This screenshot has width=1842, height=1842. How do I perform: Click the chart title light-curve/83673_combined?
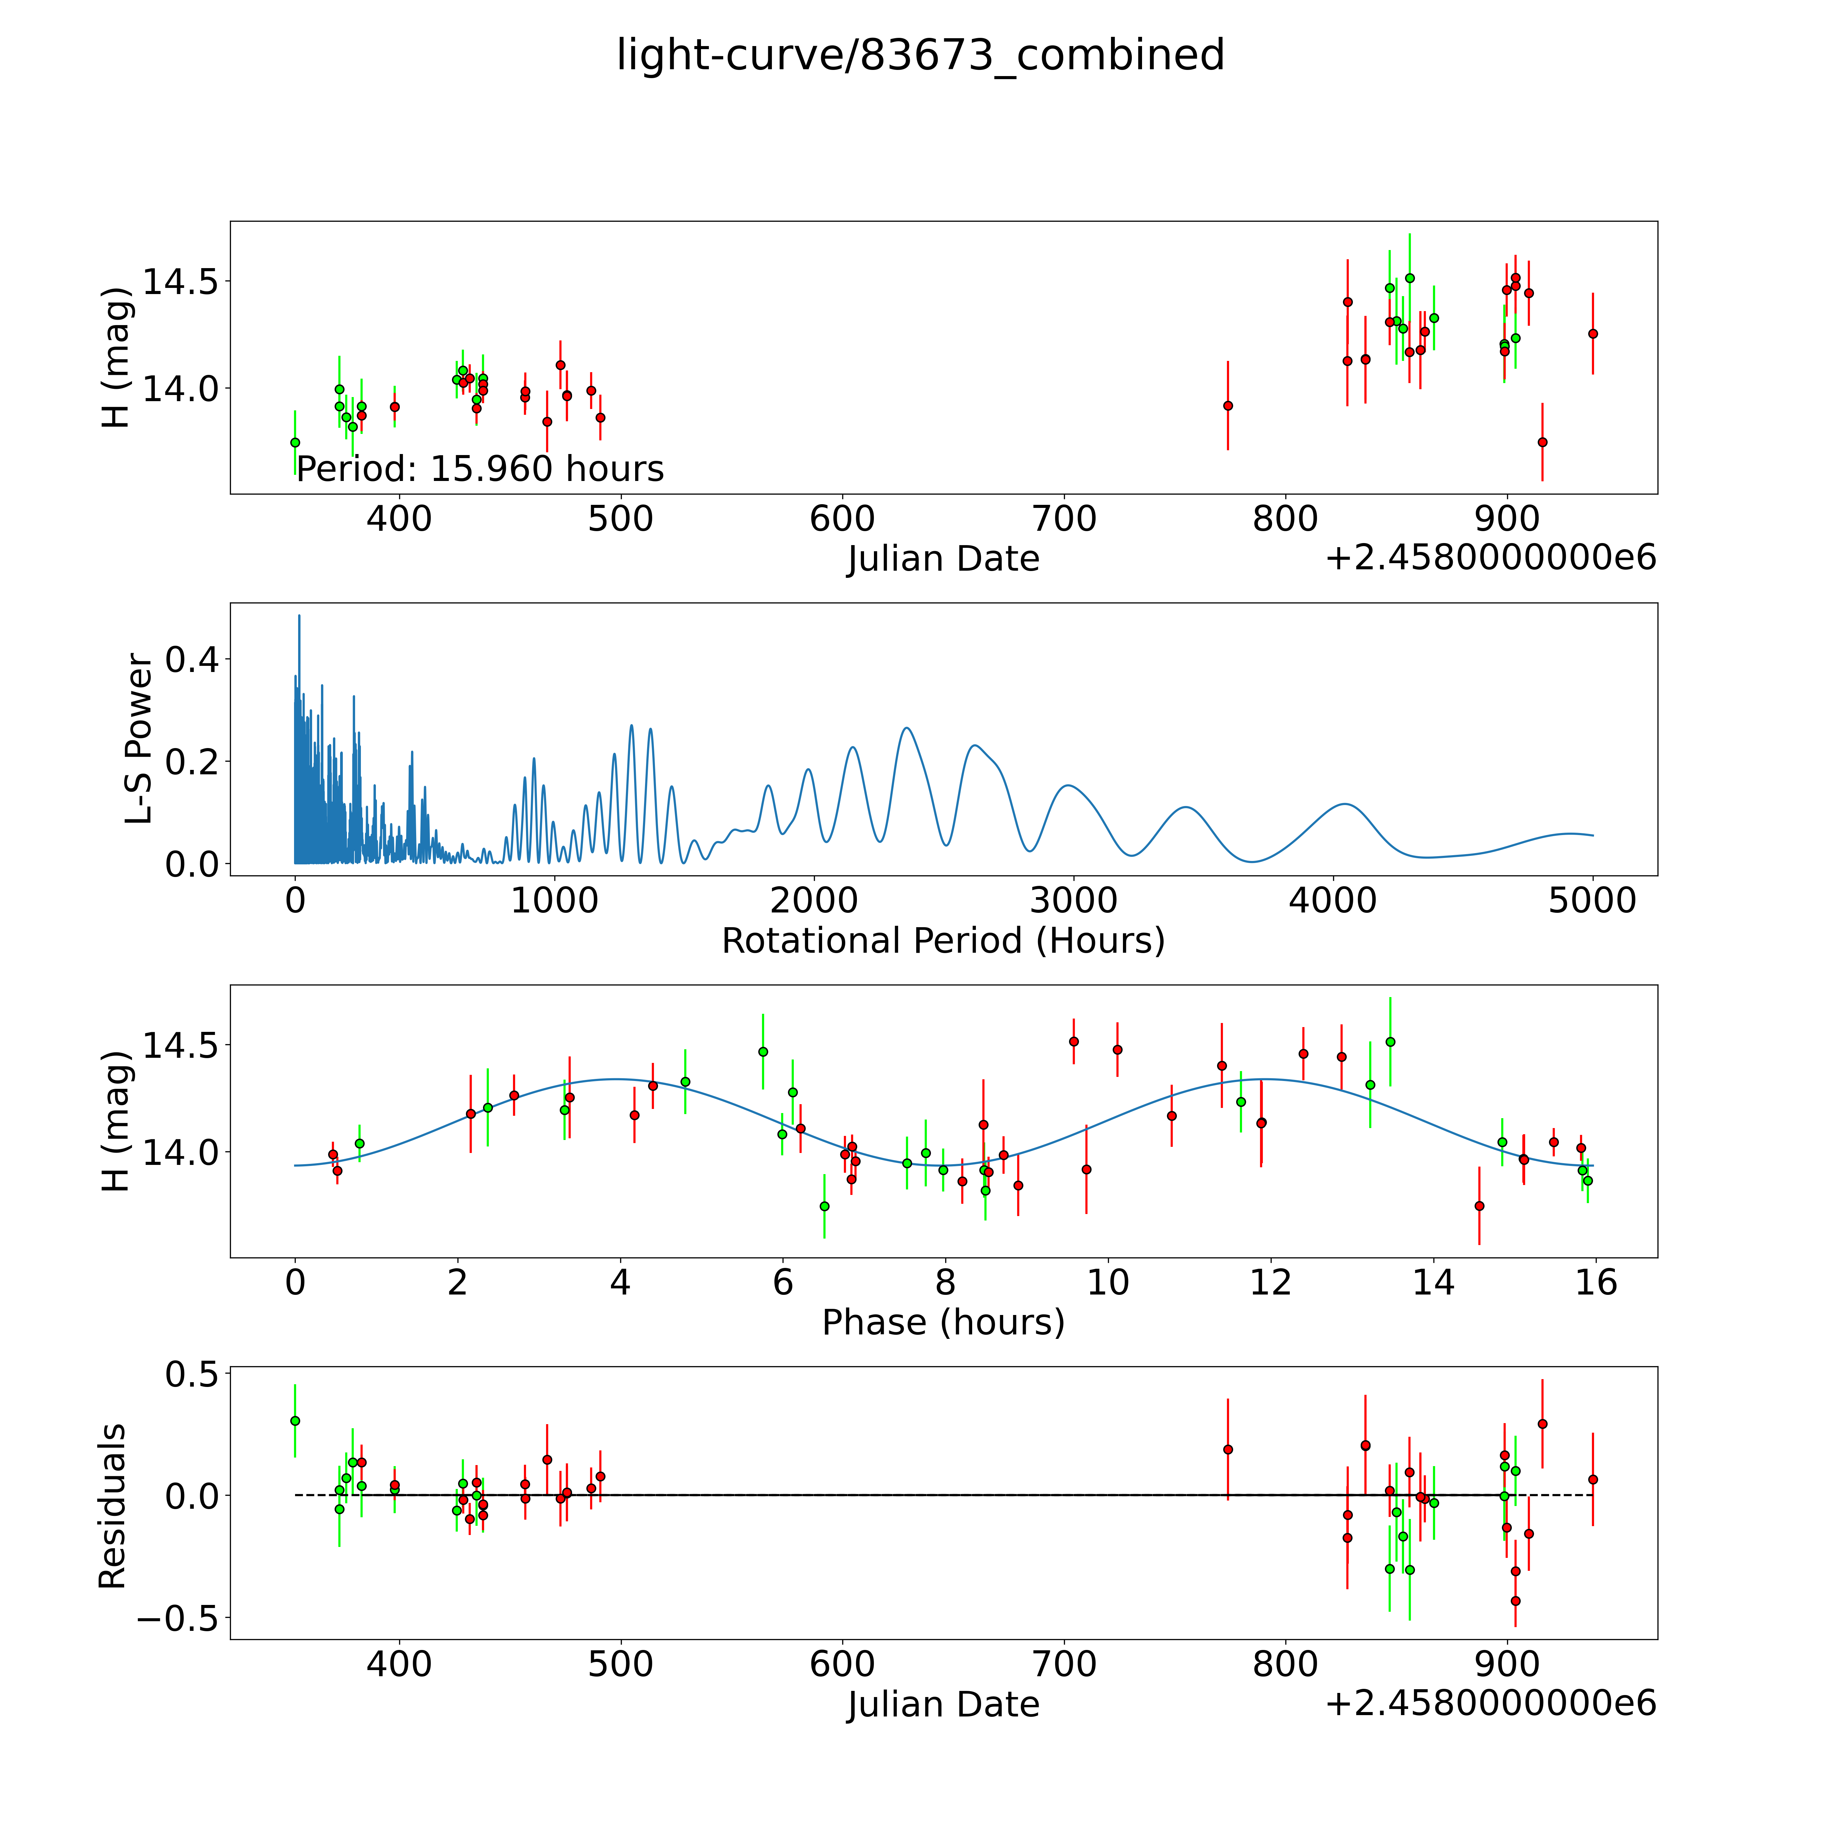coord(920,55)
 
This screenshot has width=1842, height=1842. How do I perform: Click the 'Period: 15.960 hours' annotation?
coord(480,469)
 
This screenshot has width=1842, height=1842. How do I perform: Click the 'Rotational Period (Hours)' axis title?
coord(943,941)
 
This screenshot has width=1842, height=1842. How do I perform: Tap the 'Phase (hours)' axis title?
coord(943,1322)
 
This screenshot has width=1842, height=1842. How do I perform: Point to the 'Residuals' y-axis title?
coord(113,1506)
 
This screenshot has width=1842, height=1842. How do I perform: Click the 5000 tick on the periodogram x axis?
coord(1592,900)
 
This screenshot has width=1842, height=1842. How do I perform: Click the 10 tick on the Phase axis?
coord(1108,1282)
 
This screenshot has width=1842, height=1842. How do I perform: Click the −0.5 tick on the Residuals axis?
coord(177,1619)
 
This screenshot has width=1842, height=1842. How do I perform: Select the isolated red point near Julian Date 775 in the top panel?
coord(1228,405)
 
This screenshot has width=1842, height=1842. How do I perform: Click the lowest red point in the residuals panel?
coord(1515,1601)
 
